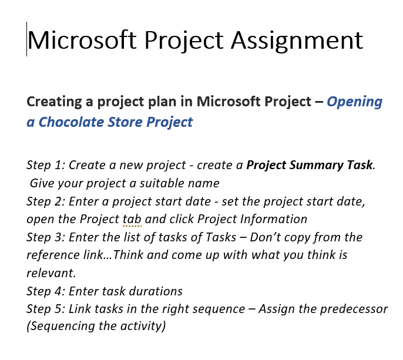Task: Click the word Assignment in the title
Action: click(x=297, y=40)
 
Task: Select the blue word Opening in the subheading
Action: click(x=354, y=102)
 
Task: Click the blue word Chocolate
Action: click(x=70, y=122)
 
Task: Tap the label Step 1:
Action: click(x=46, y=165)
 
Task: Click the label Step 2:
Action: click(x=46, y=201)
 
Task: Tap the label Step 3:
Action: click(x=46, y=237)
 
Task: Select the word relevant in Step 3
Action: click(x=51, y=273)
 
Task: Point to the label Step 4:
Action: click(x=46, y=291)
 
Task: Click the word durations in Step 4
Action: click(x=156, y=291)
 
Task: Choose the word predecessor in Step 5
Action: click(x=352, y=308)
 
